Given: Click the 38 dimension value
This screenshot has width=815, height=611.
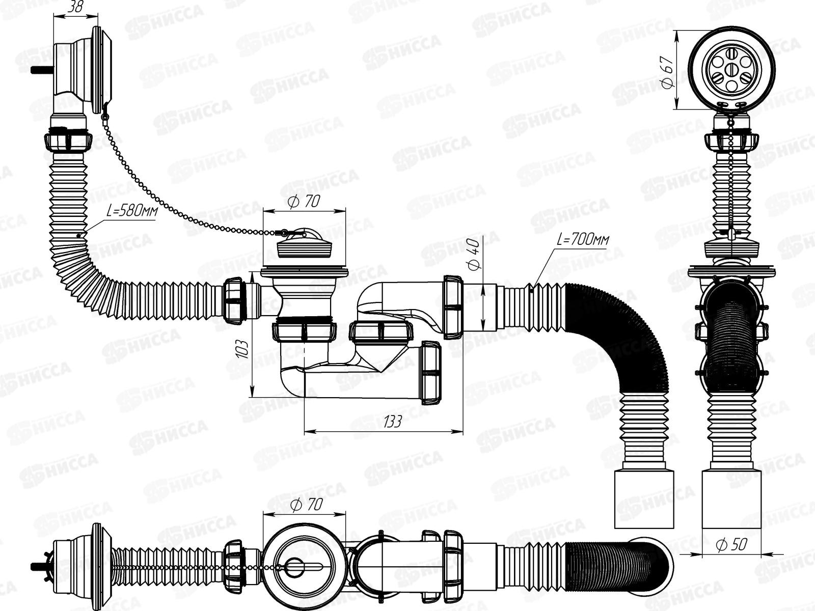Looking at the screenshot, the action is pos(76,8).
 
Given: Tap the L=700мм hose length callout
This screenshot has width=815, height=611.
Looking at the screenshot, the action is pos(583,240).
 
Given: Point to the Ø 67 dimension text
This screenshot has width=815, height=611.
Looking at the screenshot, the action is pos(668,72).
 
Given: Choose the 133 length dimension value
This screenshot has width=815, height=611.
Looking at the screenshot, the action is pos(392,422).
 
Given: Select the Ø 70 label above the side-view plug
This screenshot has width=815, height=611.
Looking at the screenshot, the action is pos(304,202).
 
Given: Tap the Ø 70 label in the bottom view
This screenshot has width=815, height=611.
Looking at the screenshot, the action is pos(307,505).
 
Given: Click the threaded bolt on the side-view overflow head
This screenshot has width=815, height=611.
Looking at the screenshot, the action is pos(42,69).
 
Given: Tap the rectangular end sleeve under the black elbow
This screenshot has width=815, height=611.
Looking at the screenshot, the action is pos(644,499).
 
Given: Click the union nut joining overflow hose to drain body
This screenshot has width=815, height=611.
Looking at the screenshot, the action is pos(234,301).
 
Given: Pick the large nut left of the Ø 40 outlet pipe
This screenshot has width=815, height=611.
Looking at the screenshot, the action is pos(453,307).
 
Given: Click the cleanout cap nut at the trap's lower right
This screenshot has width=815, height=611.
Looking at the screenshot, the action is pos(430,372).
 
